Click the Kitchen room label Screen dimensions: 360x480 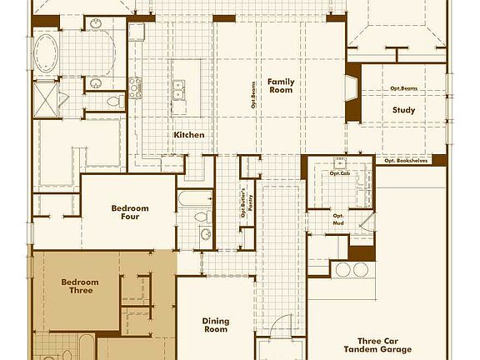(x=189, y=135)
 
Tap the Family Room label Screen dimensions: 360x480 (x=281, y=85)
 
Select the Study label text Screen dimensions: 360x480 (x=403, y=110)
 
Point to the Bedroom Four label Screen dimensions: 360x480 (x=129, y=213)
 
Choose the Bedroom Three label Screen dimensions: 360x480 (x=80, y=287)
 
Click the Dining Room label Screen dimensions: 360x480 (x=215, y=325)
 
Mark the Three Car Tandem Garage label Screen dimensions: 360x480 (x=383, y=346)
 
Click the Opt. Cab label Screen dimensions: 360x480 (x=339, y=173)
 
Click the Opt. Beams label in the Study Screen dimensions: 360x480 (x=403, y=88)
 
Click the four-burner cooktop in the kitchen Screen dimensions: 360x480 (x=137, y=85)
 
